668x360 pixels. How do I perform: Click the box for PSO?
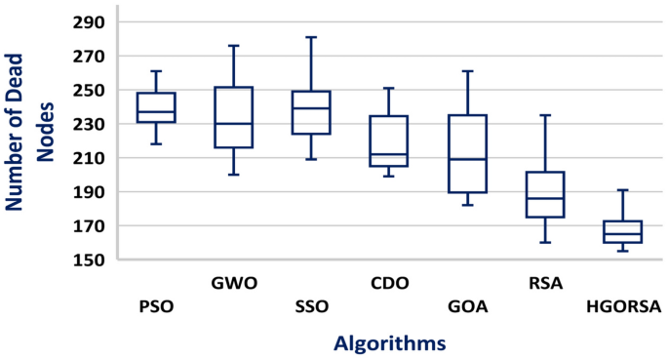click(155, 107)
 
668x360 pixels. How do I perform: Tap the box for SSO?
click(311, 112)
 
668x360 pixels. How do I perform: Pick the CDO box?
click(389, 140)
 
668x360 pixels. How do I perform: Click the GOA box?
click(467, 154)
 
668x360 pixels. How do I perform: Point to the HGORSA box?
click(622, 231)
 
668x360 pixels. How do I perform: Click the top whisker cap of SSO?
click(311, 37)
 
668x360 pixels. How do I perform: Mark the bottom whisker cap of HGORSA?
click(622, 252)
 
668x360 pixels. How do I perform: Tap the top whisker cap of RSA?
click(545, 115)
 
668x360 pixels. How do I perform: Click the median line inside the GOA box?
click(467, 159)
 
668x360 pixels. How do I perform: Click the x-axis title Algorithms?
click(389, 342)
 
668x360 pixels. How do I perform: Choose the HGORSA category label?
click(623, 307)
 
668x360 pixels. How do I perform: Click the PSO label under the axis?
click(155, 307)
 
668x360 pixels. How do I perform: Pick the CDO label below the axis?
click(389, 284)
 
